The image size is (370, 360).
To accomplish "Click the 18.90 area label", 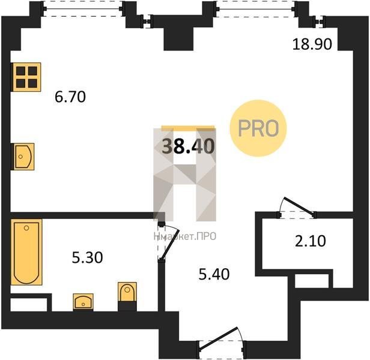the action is tap(312, 44).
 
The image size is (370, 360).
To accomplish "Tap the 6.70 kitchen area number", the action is tap(70, 97).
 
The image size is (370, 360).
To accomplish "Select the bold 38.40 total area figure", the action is tap(189, 146).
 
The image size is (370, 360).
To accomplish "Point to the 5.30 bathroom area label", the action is tap(87, 257).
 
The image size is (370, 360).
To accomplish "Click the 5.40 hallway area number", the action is tap(214, 274).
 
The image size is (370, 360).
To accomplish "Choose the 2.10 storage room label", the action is tap(311, 241).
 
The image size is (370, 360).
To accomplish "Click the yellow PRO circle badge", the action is tap(258, 128).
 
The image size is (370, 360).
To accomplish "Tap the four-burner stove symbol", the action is tap(26, 77).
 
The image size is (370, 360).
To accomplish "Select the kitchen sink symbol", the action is tap(23, 157).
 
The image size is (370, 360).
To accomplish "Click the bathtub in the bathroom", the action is tap(26, 252).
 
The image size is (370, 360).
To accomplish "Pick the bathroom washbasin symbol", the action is tap(83, 302).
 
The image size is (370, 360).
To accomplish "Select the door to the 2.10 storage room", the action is tap(297, 208).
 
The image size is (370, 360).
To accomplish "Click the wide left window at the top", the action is tap(83, 10).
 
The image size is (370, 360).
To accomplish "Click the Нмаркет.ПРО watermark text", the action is tap(185, 236).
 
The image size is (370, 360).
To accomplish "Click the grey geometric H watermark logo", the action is tap(185, 175).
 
